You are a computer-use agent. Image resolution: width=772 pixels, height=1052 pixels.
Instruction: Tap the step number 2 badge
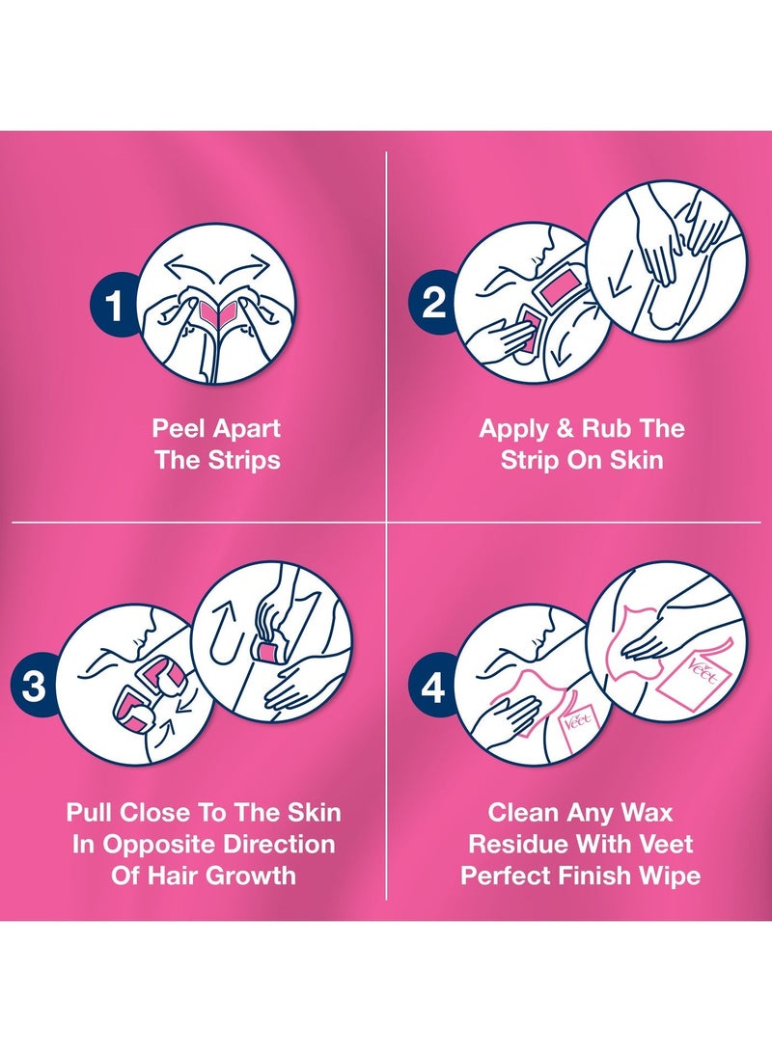coord(433,303)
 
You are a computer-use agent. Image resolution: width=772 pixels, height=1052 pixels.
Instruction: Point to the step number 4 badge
coord(433,687)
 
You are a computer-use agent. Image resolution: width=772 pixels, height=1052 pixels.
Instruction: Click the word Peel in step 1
coord(177,428)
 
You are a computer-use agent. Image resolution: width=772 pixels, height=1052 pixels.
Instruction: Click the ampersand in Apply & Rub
coord(565,428)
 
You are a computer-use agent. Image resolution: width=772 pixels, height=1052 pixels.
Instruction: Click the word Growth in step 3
coord(250,875)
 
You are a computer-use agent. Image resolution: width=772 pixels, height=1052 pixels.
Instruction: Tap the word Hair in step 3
coord(171,875)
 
